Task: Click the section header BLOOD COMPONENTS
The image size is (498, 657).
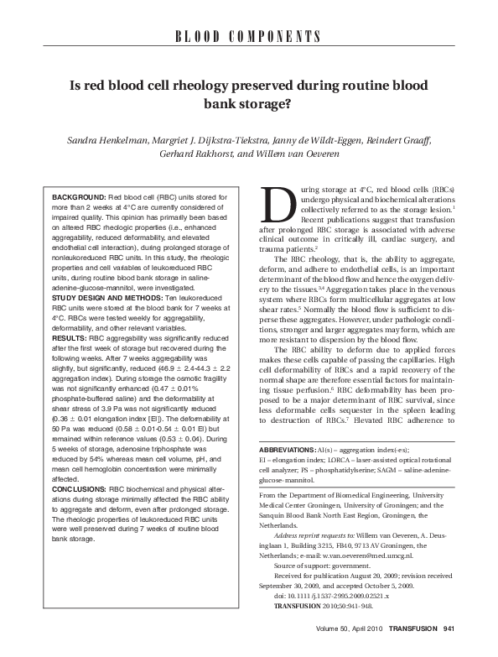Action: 248,36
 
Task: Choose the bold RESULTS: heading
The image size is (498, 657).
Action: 70,336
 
